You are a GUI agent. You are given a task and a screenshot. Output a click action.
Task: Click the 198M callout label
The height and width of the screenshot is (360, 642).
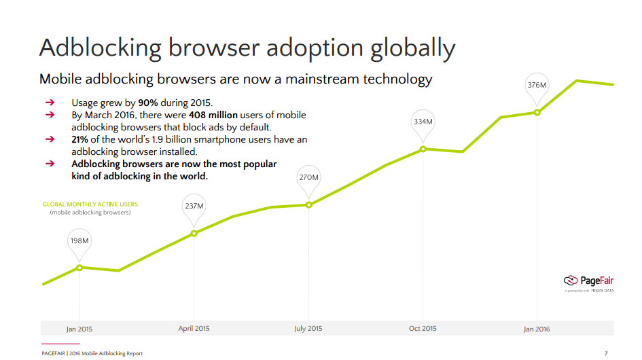click(80, 241)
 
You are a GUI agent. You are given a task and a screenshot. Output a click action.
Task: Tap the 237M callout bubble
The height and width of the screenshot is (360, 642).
click(194, 206)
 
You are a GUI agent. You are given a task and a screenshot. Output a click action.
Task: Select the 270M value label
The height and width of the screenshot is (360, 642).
click(308, 178)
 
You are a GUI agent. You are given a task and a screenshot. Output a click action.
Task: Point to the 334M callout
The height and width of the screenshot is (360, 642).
click(423, 122)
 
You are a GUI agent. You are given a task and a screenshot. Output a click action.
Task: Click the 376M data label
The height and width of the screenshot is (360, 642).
click(537, 86)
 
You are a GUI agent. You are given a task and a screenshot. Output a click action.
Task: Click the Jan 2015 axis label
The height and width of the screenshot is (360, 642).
click(79, 329)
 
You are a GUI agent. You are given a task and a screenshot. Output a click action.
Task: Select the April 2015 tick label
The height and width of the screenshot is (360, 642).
click(194, 329)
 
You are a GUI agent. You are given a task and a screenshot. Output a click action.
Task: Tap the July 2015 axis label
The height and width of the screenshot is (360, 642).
click(308, 329)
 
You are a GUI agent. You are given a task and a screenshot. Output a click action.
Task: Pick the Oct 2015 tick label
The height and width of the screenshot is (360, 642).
click(423, 329)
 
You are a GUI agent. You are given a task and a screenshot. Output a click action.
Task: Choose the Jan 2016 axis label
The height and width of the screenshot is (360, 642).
click(537, 329)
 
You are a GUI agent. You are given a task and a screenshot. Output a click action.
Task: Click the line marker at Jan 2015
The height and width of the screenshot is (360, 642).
click(79, 268)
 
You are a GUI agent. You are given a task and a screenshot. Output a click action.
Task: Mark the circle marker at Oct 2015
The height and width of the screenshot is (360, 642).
click(423, 149)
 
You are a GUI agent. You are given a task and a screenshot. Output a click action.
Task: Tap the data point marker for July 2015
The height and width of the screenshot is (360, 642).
click(308, 204)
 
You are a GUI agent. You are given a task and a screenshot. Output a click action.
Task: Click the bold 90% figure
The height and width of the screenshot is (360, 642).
click(148, 103)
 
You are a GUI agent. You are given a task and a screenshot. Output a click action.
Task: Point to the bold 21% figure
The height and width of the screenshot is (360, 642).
click(80, 140)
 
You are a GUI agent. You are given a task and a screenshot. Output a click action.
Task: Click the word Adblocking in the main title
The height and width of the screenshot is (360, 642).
click(101, 48)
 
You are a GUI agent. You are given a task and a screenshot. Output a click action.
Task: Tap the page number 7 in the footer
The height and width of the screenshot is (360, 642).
click(606, 353)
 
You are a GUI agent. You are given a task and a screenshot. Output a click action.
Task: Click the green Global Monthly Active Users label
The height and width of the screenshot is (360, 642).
click(90, 204)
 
